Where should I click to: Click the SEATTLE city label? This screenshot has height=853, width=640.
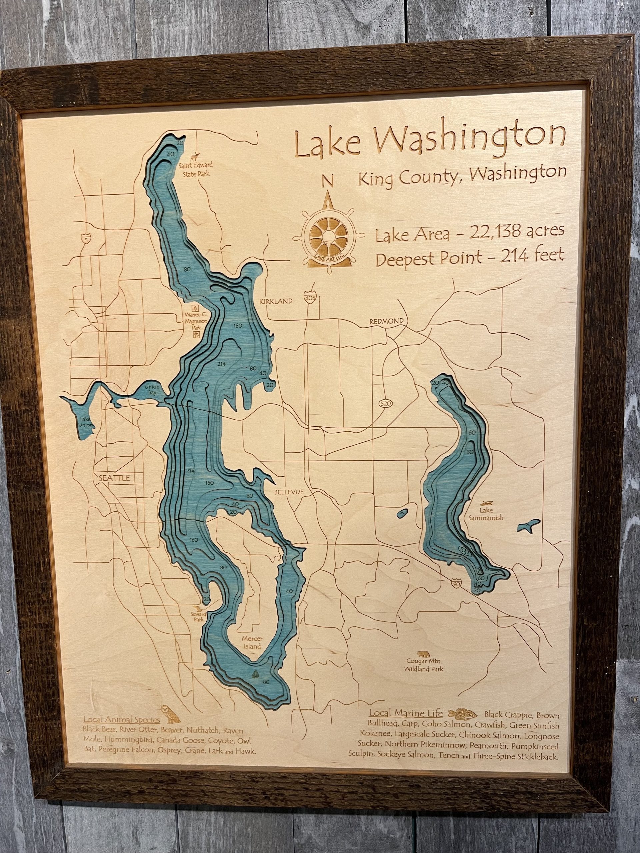115,478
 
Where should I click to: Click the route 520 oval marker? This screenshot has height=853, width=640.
383,404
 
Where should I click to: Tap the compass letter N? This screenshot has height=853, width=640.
328,180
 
